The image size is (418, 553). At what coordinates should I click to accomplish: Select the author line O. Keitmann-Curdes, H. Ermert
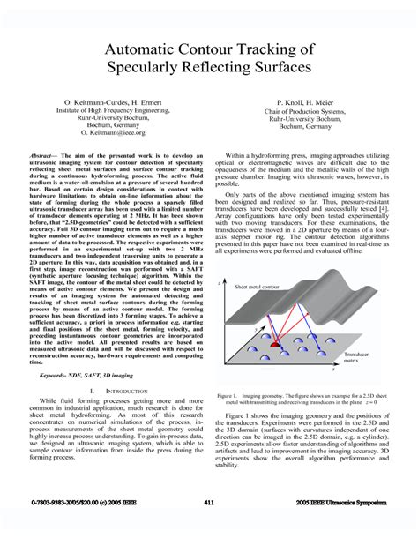pyautogui.click(x=105, y=103)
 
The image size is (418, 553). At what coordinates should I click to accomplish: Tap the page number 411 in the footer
pyautogui.click(x=209, y=501)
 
